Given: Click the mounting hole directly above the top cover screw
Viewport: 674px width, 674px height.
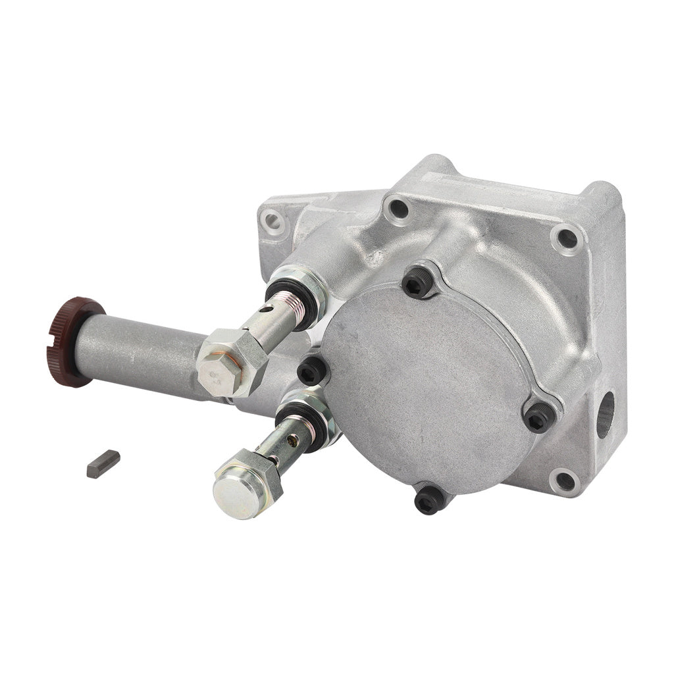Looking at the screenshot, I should pyautogui.click(x=398, y=209).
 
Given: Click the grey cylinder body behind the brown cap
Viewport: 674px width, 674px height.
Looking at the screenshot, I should pyautogui.click(x=145, y=355).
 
